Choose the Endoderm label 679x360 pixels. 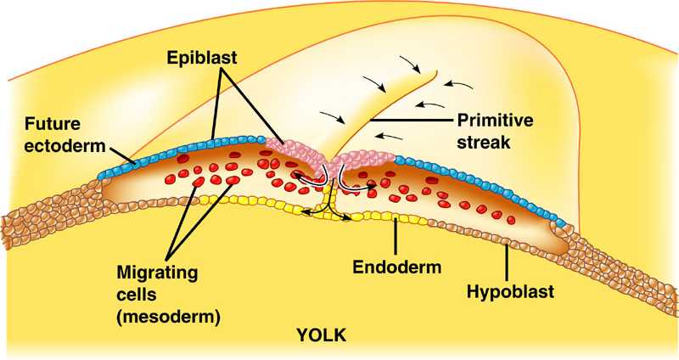[397, 268]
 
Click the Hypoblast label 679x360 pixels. [510, 292]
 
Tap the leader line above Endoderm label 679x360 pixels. [396, 237]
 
